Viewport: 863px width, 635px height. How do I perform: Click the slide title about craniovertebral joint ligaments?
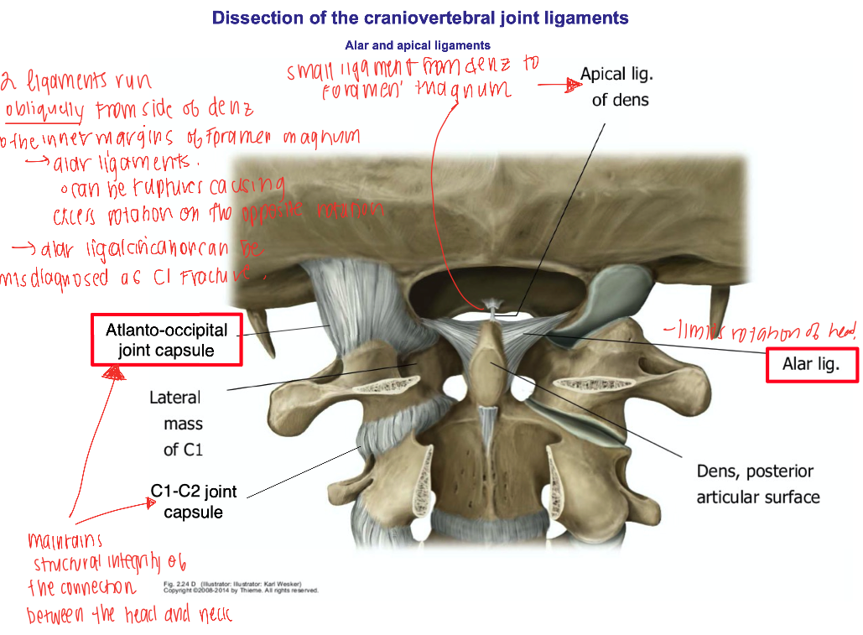[x=420, y=18]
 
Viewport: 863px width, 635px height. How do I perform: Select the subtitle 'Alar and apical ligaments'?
[x=418, y=45]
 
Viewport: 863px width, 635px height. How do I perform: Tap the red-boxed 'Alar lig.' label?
[x=810, y=365]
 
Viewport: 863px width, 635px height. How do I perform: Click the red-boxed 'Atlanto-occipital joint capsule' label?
[x=166, y=340]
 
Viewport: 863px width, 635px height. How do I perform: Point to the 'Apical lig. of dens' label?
[x=616, y=87]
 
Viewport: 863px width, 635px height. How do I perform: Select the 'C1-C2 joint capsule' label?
[x=194, y=501]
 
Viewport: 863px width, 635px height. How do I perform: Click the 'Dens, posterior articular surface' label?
[x=757, y=484]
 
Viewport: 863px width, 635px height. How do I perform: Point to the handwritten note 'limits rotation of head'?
[x=761, y=333]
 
